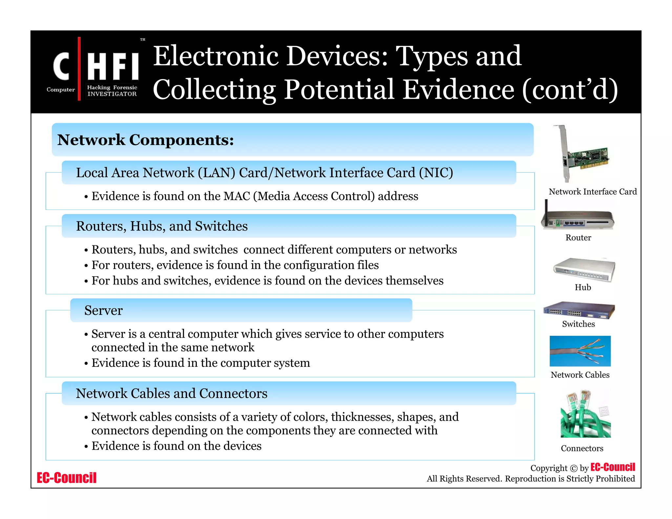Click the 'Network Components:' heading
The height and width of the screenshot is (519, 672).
pyautogui.click(x=145, y=140)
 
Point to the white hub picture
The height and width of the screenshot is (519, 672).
pyautogui.click(x=584, y=270)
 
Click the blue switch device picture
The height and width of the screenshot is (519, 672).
pyautogui.click(x=579, y=310)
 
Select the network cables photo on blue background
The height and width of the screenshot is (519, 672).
pyautogui.click(x=580, y=351)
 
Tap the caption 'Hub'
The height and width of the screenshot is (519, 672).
pyautogui.click(x=583, y=287)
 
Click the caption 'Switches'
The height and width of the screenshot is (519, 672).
pyautogui.click(x=578, y=324)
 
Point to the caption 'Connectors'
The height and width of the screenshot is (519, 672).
pyautogui.click(x=582, y=448)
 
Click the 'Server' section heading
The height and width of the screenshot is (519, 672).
pyautogui.click(x=103, y=310)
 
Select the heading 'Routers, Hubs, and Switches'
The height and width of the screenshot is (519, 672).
pyautogui.click(x=162, y=226)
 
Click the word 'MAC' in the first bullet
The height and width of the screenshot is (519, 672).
pyautogui.click(x=236, y=196)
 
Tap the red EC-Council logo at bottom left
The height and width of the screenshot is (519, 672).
pyautogui.click(x=67, y=478)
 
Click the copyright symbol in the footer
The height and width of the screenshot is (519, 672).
pyautogui.click(x=574, y=468)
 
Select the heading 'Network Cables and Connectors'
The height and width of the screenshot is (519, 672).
pyautogui.click(x=172, y=393)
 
